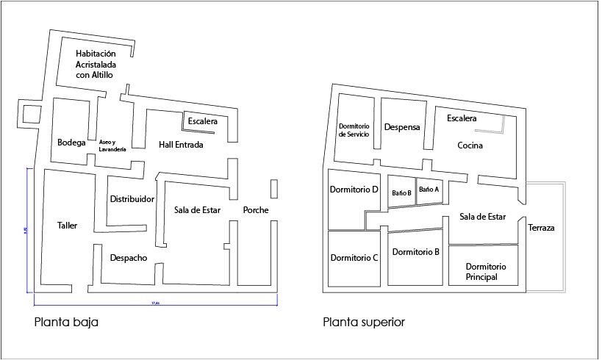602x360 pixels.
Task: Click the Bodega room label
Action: (71, 143)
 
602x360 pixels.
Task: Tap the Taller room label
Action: (66, 226)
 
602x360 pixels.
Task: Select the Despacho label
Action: (129, 258)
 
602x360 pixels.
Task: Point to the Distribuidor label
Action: (132, 199)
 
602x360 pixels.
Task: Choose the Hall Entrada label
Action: (181, 145)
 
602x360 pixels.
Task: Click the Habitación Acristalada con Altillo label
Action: (96, 64)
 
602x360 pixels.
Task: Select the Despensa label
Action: (401, 127)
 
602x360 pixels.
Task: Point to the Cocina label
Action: (470, 145)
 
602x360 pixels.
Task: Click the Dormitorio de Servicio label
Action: (358, 130)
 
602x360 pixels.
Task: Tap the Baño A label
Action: (429, 189)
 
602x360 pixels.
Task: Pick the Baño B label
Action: (401, 192)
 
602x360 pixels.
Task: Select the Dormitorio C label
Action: (354, 258)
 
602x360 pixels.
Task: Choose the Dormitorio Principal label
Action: (481, 271)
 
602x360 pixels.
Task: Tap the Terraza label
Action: (541, 228)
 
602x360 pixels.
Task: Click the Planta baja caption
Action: (66, 322)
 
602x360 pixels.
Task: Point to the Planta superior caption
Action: (363, 322)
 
